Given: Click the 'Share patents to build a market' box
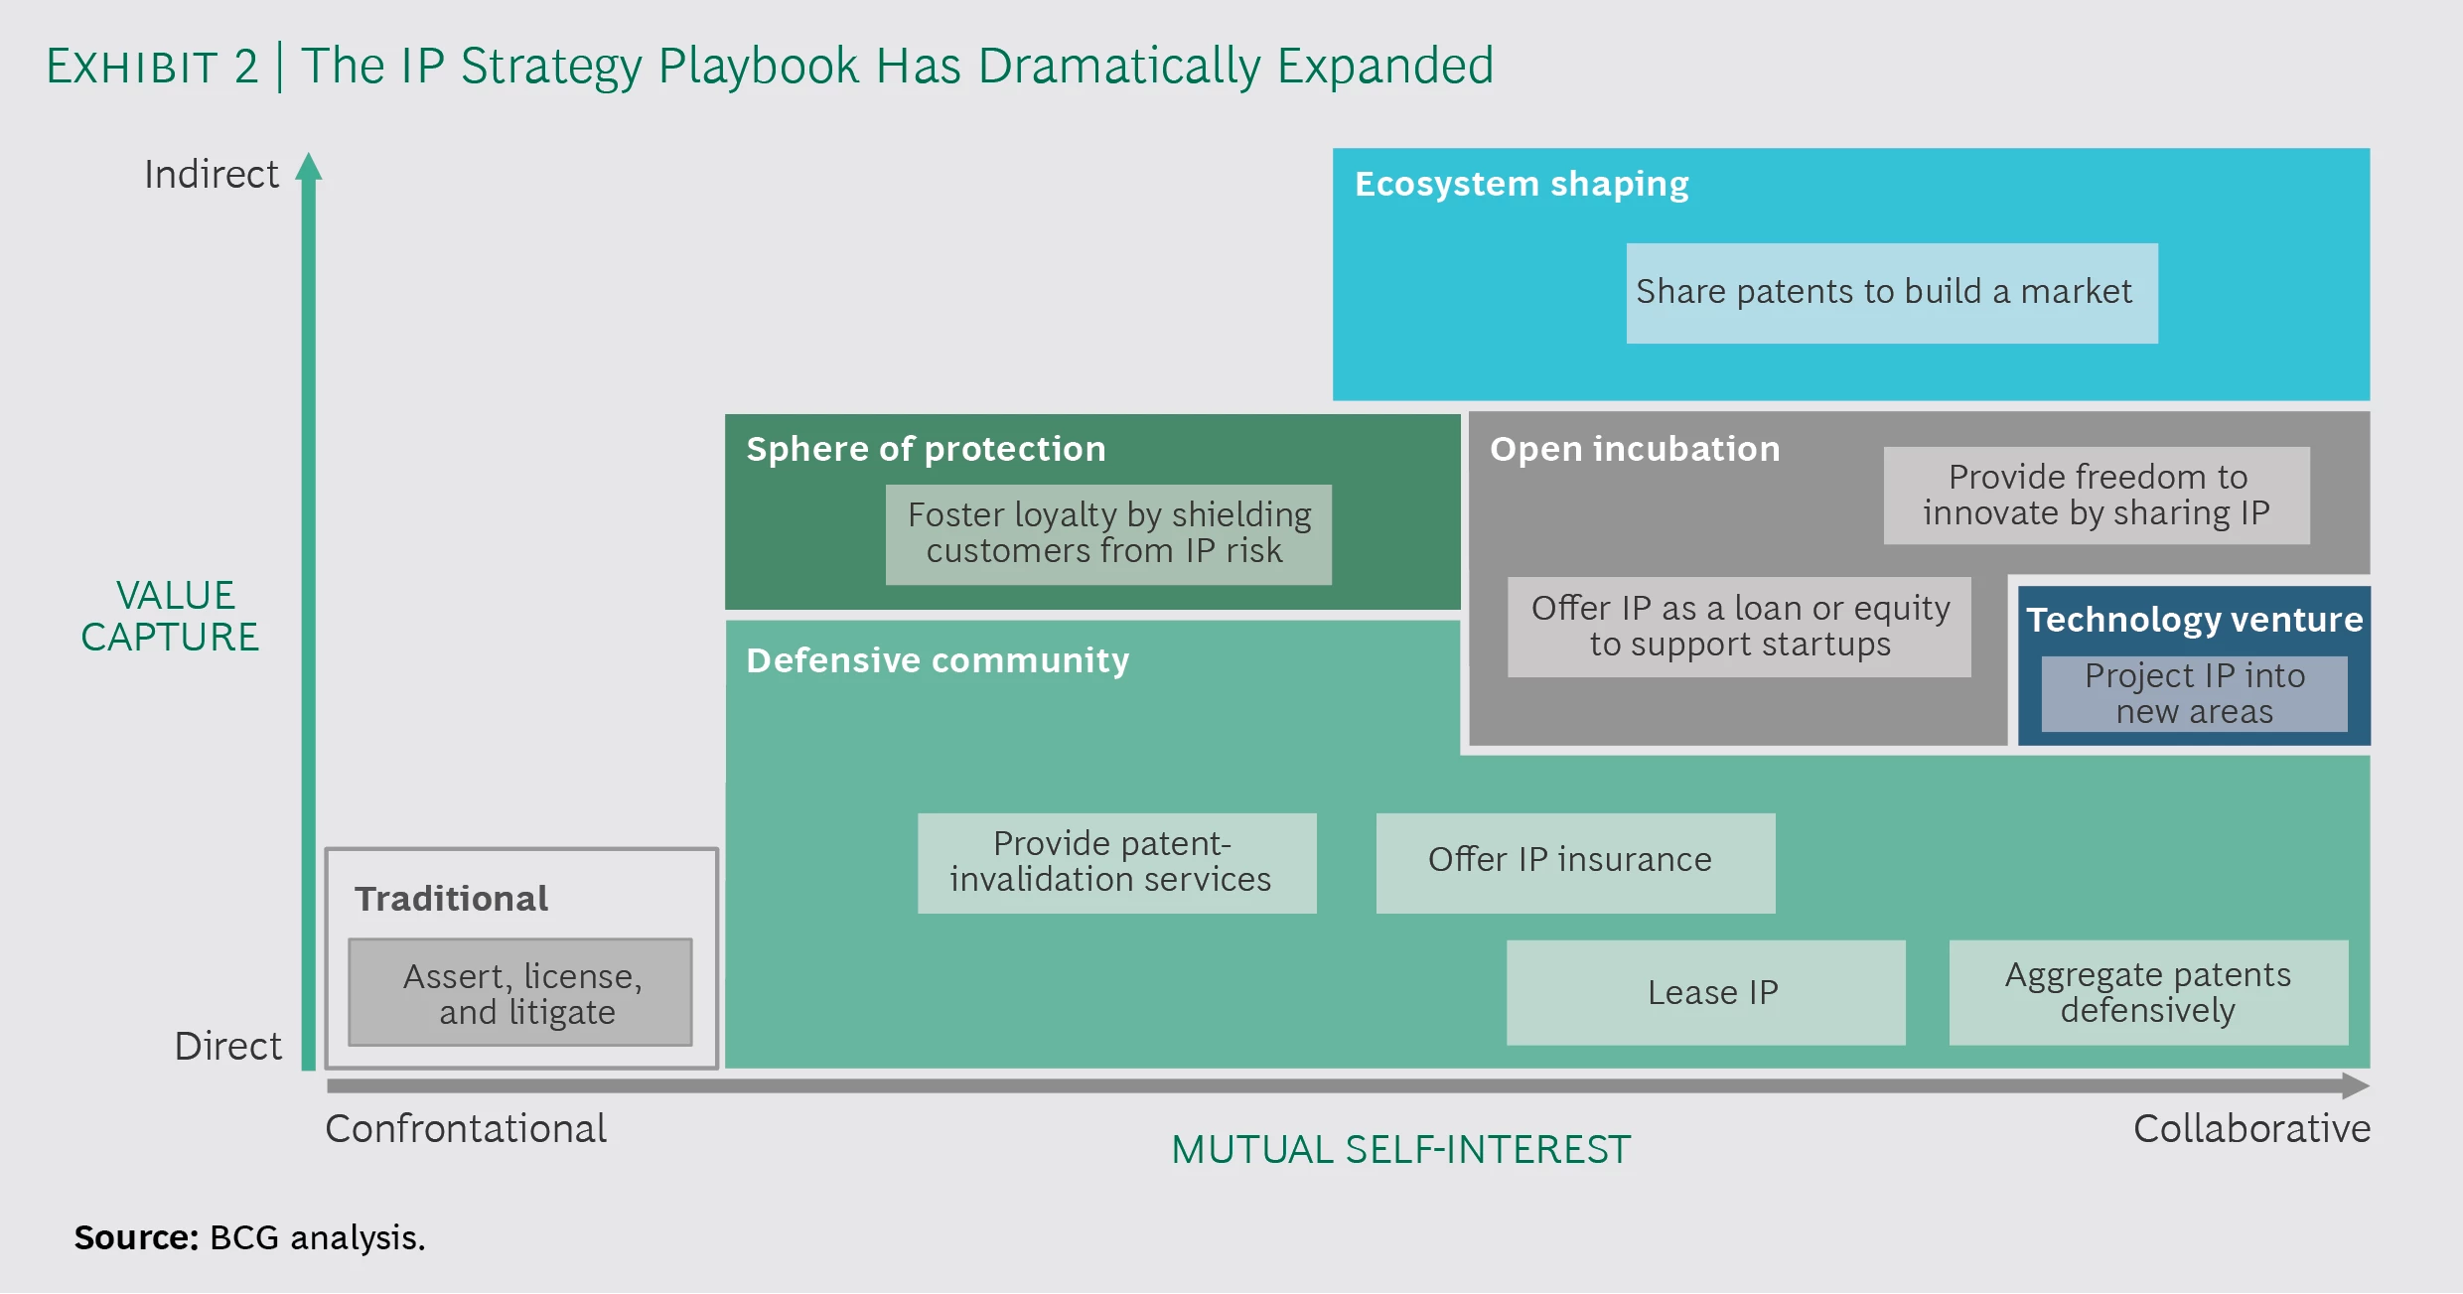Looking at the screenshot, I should (x=1891, y=293).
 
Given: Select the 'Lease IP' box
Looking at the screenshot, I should (x=1705, y=992).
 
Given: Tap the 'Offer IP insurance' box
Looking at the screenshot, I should (x=1575, y=862).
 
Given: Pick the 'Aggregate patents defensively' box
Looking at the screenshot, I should (x=2148, y=992).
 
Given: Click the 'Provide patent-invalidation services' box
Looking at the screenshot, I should (x=1116, y=862).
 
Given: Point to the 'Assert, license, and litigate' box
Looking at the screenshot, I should (x=520, y=992).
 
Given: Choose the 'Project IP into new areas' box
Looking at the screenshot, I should (x=2194, y=693).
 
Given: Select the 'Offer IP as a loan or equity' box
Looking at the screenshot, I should (x=1739, y=627).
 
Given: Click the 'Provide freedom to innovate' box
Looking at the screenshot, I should (x=2096, y=495).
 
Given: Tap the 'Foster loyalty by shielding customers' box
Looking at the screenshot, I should (x=1107, y=533).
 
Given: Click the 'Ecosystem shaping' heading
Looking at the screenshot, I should (x=1521, y=184).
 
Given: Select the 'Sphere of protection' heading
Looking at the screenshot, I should (x=926, y=449).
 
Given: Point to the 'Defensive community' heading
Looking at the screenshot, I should (x=937, y=660).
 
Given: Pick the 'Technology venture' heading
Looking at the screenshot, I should (x=2194, y=620).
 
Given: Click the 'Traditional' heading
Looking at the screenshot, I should (x=451, y=899).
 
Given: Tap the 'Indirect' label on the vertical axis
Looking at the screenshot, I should (x=212, y=175).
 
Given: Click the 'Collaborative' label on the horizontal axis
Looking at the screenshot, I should (x=2250, y=1129).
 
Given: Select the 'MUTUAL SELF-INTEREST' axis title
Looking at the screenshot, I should (x=1400, y=1150).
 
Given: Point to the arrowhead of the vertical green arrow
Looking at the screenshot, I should (x=309, y=167).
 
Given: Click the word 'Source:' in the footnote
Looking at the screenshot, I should (x=137, y=1238).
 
